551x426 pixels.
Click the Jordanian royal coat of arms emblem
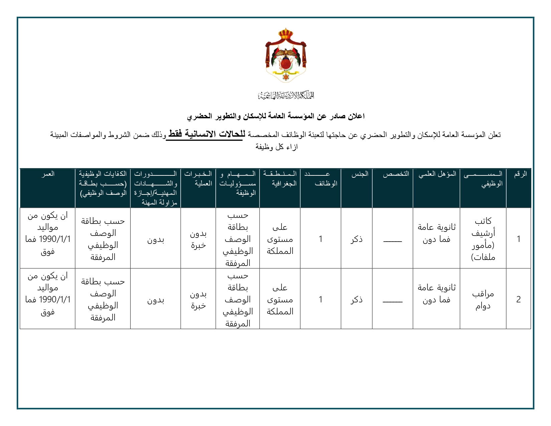(x=286, y=56)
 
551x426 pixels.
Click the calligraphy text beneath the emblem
(x=286, y=96)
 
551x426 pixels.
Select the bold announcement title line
(x=276, y=116)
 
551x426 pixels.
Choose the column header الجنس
(x=360, y=174)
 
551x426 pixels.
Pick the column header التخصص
(x=396, y=174)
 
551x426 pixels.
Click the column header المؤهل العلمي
(x=437, y=174)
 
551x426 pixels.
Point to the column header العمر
(x=48, y=174)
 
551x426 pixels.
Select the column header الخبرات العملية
(x=198, y=178)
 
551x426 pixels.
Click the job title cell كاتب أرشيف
(x=483, y=239)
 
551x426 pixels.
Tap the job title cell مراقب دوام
(x=483, y=299)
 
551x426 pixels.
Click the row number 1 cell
(x=519, y=239)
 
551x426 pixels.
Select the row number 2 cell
(x=519, y=299)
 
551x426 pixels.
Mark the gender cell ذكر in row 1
(x=357, y=239)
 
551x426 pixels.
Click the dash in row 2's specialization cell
(x=393, y=302)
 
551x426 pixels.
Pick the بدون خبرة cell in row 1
(x=198, y=239)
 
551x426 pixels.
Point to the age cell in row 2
(x=48, y=294)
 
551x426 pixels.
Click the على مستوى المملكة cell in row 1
(x=280, y=239)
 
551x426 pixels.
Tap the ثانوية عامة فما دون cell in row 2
(x=436, y=294)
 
